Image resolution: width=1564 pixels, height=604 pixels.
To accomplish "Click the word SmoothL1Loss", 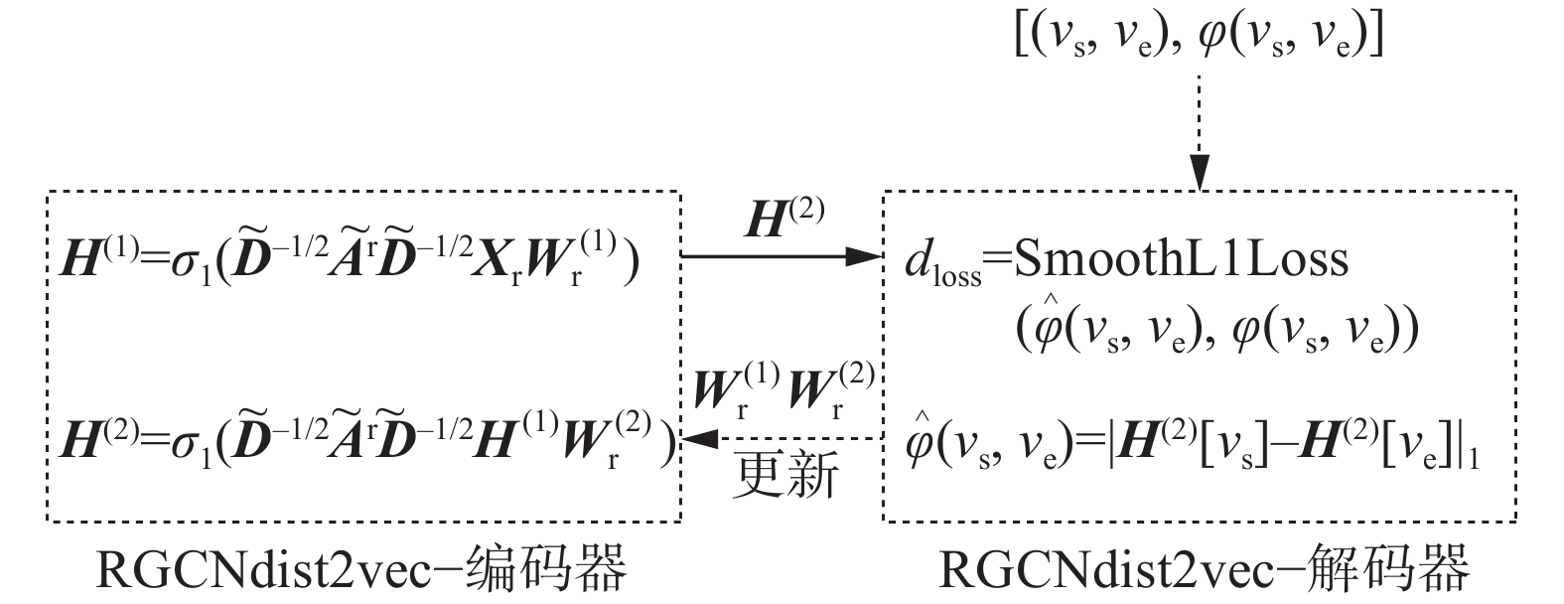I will pos(1182,260).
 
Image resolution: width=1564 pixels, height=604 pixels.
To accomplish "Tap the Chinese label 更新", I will pos(785,474).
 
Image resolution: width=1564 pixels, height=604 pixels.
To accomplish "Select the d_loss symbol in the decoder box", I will pos(941,264).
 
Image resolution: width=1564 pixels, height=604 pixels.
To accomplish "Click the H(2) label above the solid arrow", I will pos(784,220).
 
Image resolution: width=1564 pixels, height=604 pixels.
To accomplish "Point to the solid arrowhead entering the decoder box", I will pos(868,257).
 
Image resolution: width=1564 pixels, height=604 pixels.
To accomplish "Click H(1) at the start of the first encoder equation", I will pos(88,260).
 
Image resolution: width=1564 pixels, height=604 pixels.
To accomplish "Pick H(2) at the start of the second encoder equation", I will pos(88,438).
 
